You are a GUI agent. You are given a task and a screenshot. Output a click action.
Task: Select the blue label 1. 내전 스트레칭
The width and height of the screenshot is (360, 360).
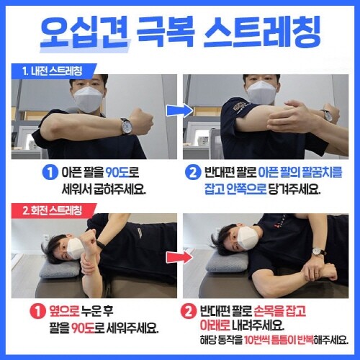tap(52, 71)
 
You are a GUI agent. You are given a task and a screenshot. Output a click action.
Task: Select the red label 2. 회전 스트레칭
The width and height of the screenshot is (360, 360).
tap(52, 210)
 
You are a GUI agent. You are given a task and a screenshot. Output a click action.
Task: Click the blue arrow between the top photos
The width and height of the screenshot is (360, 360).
tap(180, 111)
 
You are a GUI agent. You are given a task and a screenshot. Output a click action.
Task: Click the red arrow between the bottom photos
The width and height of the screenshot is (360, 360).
tap(180, 258)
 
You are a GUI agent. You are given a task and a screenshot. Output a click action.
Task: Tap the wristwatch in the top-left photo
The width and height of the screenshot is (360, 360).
tap(126, 126)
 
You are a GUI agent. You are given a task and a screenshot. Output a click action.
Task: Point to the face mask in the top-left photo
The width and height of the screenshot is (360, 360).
tap(89, 99)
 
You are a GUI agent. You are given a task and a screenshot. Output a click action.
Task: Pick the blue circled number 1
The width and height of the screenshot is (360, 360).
tap(50, 173)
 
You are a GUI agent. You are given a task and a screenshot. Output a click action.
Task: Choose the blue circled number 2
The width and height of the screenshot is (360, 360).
tap(193, 173)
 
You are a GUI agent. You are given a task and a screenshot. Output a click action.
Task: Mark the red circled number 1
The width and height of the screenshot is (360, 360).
tap(37, 311)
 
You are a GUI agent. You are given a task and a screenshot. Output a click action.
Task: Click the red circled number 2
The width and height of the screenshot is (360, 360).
tap(189, 311)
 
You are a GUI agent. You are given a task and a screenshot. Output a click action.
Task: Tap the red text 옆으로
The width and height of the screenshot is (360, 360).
tap(64, 311)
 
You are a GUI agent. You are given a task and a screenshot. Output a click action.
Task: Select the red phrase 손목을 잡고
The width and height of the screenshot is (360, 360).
tap(279, 311)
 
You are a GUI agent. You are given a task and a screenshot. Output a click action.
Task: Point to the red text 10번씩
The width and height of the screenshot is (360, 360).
tap(256, 339)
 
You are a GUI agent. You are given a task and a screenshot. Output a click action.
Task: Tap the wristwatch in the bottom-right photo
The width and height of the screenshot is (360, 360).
tap(317, 251)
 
